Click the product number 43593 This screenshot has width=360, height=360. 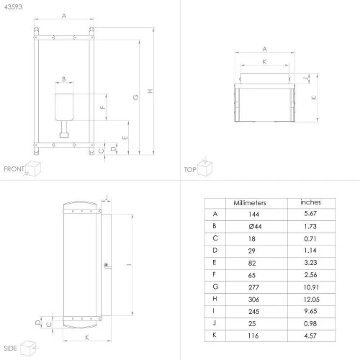(x=13, y=6)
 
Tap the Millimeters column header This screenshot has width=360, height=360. (x=250, y=203)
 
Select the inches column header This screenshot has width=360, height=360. (x=310, y=202)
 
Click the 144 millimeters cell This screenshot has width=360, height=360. (x=253, y=214)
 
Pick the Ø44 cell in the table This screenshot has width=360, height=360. (x=255, y=226)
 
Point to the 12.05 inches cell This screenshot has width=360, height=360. (x=311, y=300)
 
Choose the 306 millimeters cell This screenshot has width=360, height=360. (x=253, y=300)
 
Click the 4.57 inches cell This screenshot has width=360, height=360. (x=310, y=336)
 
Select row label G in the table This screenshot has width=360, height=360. (x=215, y=287)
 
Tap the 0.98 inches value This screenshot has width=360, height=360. (x=310, y=323)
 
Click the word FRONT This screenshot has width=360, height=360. (x=14, y=169)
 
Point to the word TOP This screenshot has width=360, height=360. (x=190, y=170)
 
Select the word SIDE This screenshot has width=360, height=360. (x=10, y=348)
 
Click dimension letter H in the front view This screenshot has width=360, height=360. (x=150, y=91)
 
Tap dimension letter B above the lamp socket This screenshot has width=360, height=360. (x=64, y=79)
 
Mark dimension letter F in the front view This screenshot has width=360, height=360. (x=102, y=107)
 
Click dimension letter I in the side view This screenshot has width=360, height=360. (x=129, y=264)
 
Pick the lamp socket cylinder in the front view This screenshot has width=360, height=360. (x=64, y=107)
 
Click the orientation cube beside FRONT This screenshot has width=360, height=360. (x=33, y=168)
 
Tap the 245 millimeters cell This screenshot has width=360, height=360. (x=253, y=312)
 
